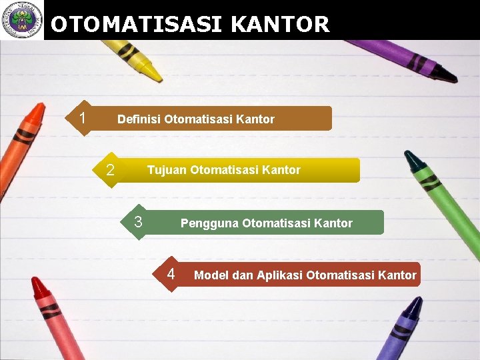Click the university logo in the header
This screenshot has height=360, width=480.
(x=21, y=20)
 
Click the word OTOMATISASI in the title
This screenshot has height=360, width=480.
(x=137, y=25)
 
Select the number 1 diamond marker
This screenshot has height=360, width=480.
(x=82, y=119)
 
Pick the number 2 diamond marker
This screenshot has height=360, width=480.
(x=111, y=171)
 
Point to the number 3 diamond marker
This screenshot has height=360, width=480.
(x=139, y=222)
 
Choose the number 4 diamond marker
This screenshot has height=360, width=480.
(x=171, y=273)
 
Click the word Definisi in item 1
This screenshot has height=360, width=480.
(x=139, y=119)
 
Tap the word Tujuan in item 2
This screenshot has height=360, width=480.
(x=167, y=170)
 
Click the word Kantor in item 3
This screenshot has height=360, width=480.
(x=333, y=223)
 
